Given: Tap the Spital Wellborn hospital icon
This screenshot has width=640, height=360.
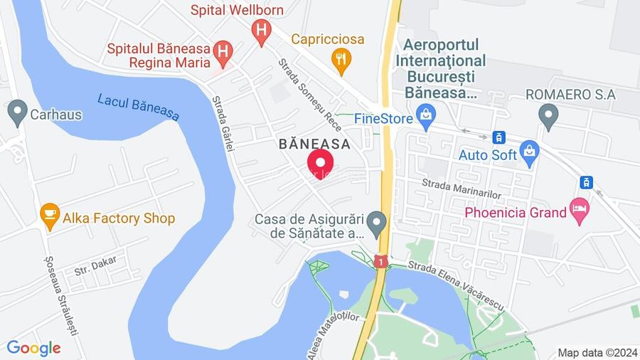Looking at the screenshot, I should tap(262, 31).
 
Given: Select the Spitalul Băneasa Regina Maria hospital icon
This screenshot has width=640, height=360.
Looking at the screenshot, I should tap(223, 51).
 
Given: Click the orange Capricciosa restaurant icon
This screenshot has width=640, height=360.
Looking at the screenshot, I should tap(342, 60).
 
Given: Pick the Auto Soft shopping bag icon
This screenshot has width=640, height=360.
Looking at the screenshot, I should tap(529, 152).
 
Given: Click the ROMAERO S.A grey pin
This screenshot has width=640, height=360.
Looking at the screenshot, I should tap(548, 115).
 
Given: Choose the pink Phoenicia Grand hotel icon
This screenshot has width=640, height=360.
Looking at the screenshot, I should tap(580, 211).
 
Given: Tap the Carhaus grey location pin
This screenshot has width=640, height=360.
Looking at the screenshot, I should tap(18, 112).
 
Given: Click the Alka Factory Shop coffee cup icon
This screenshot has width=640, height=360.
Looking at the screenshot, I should tap(49, 216).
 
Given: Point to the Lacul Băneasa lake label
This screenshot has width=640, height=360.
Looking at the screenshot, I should tap(139, 107).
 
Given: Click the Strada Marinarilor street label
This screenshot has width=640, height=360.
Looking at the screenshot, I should tap(462, 189).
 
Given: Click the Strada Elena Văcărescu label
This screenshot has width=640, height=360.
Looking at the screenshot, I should tap(455, 283).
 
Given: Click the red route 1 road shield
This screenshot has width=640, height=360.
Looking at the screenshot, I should tap(380, 262).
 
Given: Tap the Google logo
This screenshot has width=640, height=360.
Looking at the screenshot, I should tap(33, 348).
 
